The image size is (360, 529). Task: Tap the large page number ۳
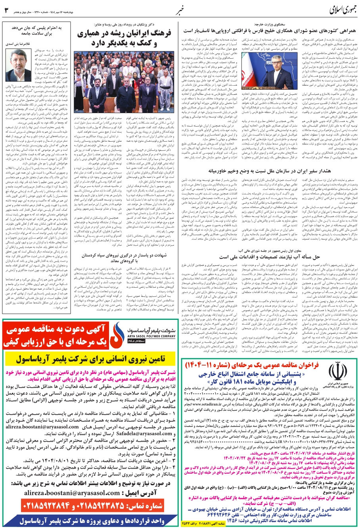[7, 10]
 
